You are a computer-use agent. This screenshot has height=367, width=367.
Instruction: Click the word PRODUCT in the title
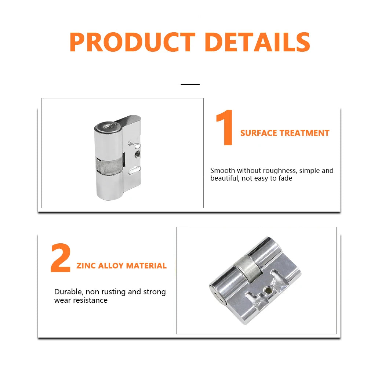coord(132,42)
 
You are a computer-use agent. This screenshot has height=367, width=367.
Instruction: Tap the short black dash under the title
coord(190,84)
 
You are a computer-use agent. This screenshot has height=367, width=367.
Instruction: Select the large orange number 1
coord(225,127)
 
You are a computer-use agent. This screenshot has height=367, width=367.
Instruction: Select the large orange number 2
coord(61,258)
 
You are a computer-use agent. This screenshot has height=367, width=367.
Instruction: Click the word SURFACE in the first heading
coord(259,133)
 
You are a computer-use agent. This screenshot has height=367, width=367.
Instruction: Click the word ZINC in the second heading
coord(86,266)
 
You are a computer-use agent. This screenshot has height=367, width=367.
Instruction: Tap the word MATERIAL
coord(146,266)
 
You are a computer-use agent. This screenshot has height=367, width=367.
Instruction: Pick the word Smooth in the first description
coord(222,170)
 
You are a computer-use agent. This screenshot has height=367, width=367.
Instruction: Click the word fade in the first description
coord(285,178)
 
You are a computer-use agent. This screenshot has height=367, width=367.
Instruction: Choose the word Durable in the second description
coord(69,292)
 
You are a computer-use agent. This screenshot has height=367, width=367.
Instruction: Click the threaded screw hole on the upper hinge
coord(137,154)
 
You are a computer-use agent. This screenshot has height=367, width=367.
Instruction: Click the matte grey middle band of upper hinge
coord(109,165)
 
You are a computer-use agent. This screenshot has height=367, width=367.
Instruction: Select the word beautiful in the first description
coord(224,178)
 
